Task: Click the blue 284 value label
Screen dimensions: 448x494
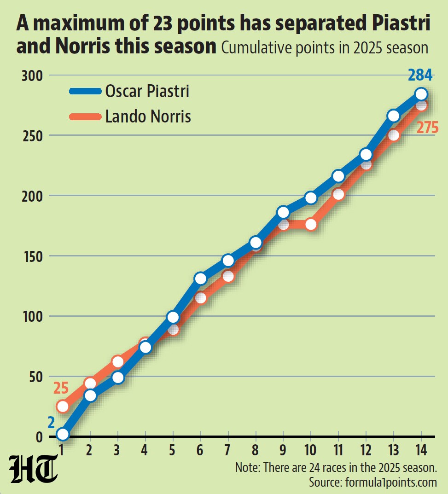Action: click(x=420, y=75)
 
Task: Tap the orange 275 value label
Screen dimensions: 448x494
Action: click(x=428, y=127)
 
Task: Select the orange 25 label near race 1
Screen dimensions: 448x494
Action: click(x=61, y=388)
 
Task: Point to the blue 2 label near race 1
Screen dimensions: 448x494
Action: click(x=51, y=423)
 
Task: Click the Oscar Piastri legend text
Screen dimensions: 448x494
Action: click(x=147, y=91)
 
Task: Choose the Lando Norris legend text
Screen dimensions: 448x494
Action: click(x=148, y=116)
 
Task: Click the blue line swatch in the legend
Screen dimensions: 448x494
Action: click(x=85, y=91)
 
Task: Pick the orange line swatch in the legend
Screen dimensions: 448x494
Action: click(x=85, y=116)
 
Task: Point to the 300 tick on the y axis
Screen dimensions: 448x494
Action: click(x=32, y=76)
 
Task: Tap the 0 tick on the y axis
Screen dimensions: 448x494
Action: click(x=39, y=437)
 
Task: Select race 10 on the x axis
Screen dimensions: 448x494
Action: click(x=310, y=450)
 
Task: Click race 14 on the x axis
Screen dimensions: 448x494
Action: click(x=421, y=450)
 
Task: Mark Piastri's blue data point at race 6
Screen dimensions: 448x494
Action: click(x=201, y=279)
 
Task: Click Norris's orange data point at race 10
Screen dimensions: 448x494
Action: click(x=311, y=224)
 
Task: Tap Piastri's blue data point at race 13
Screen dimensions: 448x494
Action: click(x=393, y=116)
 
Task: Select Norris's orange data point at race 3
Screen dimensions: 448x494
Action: click(x=118, y=362)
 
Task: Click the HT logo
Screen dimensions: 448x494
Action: click(x=34, y=469)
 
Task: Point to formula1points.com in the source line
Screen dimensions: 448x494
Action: click(x=391, y=482)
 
